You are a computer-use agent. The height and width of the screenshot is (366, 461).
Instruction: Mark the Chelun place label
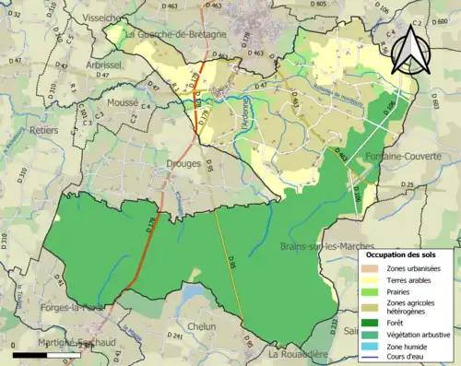(201, 326)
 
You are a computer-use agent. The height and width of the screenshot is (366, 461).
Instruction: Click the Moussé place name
(124, 103)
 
